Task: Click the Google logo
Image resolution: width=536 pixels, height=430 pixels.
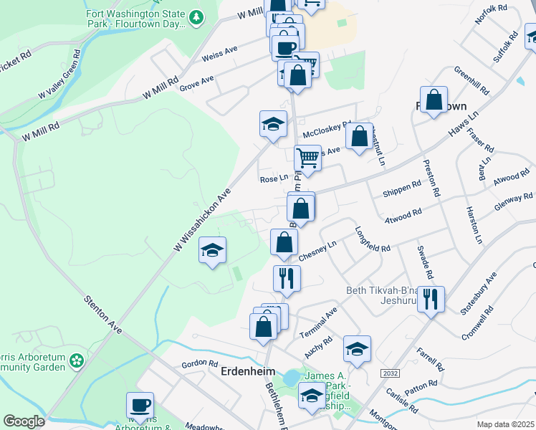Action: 24,421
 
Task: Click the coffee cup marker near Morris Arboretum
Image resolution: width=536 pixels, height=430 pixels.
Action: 140,406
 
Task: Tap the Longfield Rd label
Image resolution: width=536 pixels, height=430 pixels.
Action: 373,239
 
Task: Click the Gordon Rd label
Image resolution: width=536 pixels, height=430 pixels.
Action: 194,364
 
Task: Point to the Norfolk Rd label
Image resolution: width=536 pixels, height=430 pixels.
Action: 491,16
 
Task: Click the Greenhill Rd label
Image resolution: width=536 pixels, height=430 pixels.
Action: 472,81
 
